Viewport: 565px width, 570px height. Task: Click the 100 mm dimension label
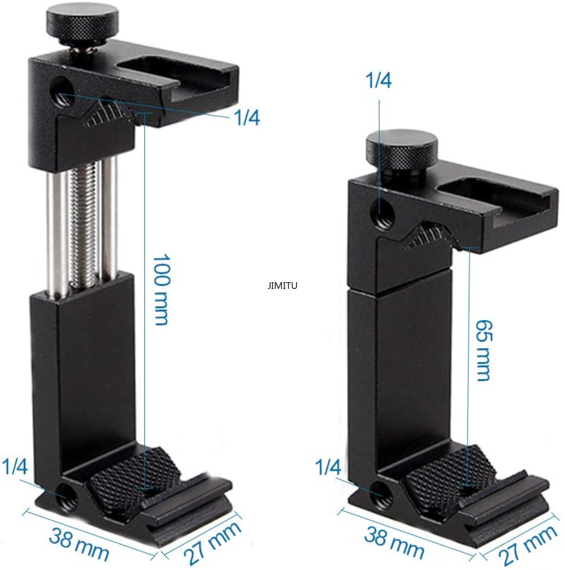[161, 290]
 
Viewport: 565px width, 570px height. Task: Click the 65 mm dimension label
[483, 351]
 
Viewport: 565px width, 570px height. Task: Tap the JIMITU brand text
[282, 286]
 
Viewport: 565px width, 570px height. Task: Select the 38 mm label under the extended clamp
[79, 544]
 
